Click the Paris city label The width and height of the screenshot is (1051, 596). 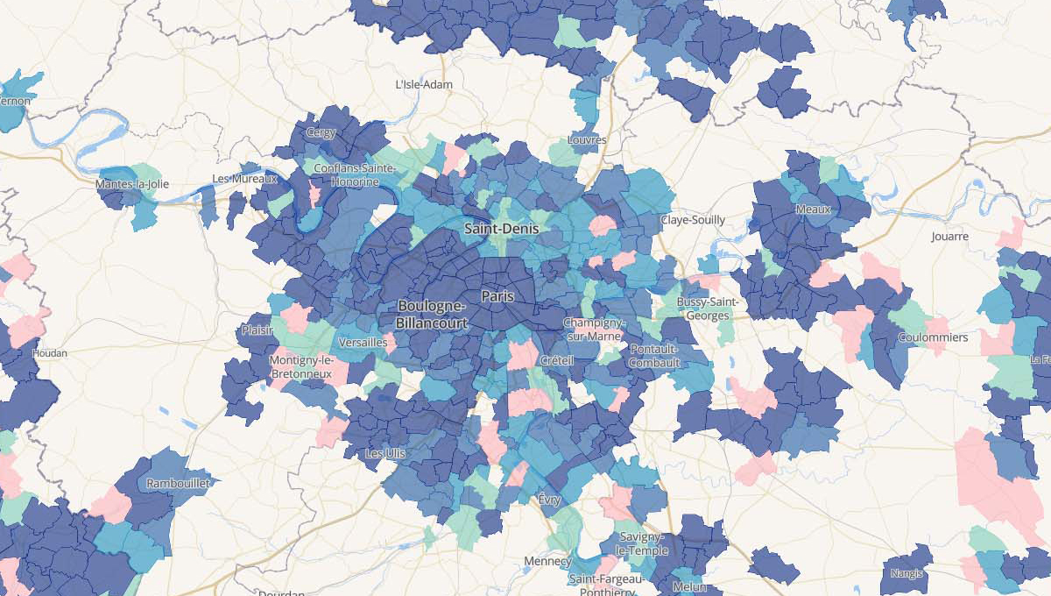tap(497, 297)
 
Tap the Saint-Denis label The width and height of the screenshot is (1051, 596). tap(502, 229)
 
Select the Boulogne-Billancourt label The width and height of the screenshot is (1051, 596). tap(431, 314)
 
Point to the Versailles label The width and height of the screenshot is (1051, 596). tap(362, 342)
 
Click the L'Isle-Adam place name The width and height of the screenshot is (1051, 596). tap(424, 85)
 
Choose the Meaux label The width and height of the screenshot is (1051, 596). tap(813, 209)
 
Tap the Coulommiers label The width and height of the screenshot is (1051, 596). tap(932, 337)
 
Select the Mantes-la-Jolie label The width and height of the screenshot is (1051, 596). tap(132, 185)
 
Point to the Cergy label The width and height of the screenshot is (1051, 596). tap(321, 133)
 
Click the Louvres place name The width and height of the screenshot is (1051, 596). tap(586, 139)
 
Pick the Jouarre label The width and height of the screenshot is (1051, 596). tap(950, 237)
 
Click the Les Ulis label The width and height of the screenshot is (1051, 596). tap(385, 454)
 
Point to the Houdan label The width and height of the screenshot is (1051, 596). tap(49, 353)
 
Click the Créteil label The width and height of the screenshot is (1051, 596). tap(557, 361)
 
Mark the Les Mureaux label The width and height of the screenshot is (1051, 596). tap(244, 179)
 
